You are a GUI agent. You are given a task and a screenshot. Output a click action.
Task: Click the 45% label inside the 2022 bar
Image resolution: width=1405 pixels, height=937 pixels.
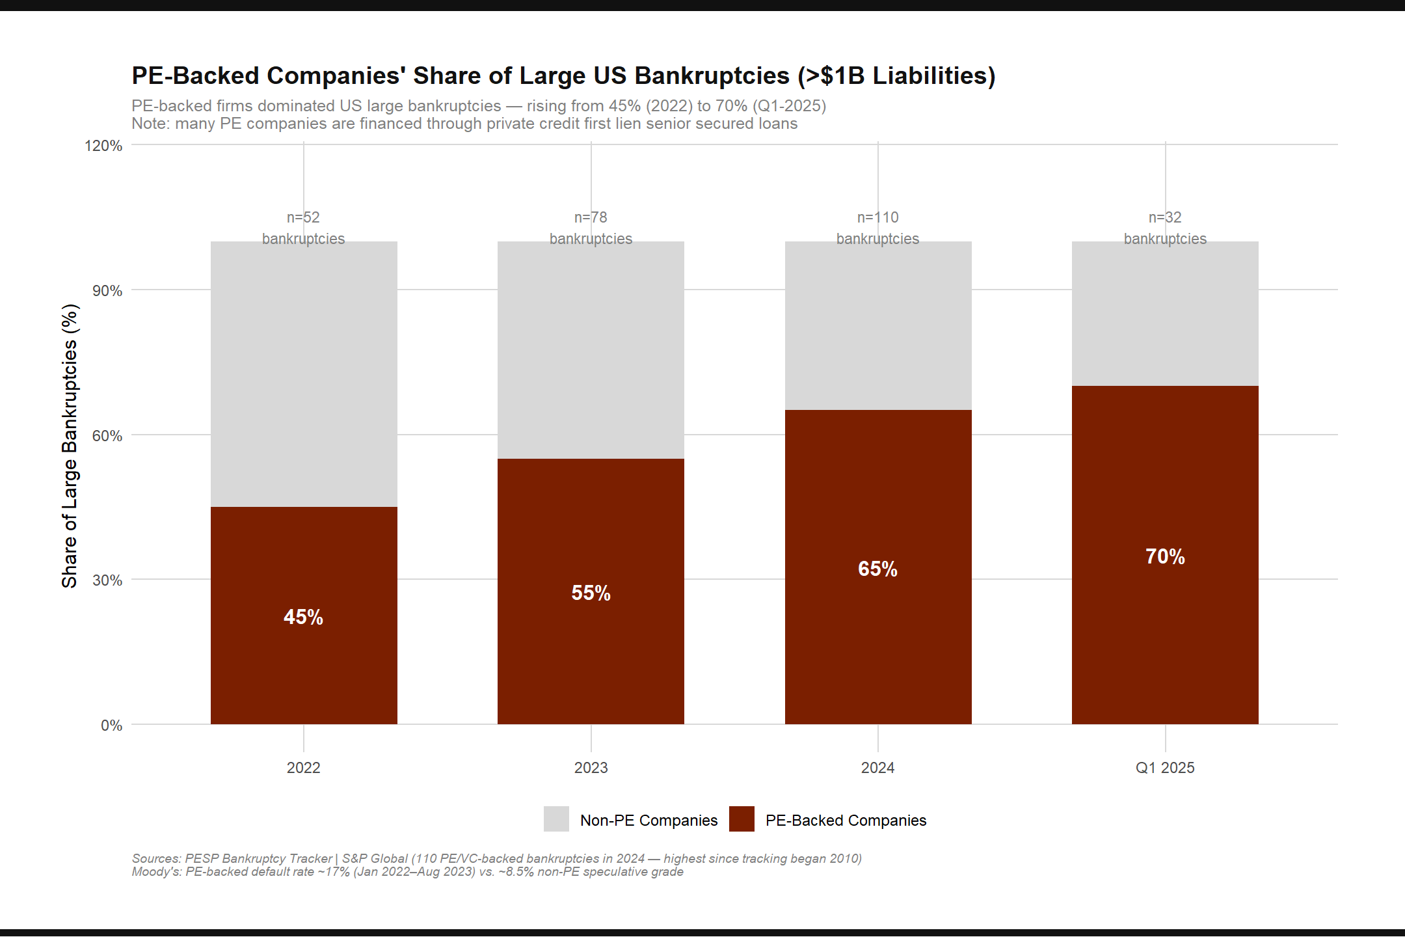[303, 617]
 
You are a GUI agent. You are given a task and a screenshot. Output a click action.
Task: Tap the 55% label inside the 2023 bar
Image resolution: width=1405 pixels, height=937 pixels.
[591, 593]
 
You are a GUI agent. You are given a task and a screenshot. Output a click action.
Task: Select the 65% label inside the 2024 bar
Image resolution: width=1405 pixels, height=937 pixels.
[877, 569]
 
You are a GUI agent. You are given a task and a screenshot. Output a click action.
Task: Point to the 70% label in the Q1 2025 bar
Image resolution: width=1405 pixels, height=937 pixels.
[1165, 556]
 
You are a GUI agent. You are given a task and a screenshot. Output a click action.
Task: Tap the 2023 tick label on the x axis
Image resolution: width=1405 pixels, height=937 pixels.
[591, 768]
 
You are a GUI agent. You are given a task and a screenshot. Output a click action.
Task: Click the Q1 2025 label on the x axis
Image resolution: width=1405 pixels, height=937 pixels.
[1165, 768]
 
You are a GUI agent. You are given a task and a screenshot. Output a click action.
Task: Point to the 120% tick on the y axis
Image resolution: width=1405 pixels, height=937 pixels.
[103, 146]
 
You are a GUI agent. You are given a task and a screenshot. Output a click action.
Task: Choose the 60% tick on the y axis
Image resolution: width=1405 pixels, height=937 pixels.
[107, 435]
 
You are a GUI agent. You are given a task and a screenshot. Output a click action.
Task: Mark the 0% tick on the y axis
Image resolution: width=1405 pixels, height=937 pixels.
[111, 726]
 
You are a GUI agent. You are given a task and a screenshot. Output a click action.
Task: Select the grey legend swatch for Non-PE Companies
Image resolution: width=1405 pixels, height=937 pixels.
[556, 819]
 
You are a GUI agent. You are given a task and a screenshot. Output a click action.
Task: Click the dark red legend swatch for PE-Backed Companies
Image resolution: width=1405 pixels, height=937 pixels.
[742, 819]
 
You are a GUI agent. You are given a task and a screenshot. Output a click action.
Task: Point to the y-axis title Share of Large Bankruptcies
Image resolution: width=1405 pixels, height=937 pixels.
[70, 446]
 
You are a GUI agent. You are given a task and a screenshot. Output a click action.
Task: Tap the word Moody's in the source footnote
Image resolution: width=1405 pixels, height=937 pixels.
[156, 872]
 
